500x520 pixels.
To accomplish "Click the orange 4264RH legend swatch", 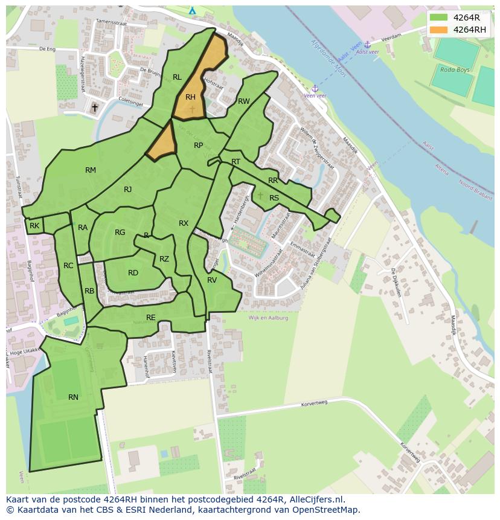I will (439, 30).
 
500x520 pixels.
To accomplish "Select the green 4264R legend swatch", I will (439, 18).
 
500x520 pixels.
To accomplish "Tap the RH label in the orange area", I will (190, 97).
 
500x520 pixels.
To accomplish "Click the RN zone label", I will (73, 397).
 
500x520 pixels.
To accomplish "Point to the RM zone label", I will (91, 170).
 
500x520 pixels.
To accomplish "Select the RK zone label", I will (34, 226).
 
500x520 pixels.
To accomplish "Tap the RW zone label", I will (243, 101).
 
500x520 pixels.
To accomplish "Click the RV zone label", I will (212, 280).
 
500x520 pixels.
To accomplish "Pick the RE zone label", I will (151, 318).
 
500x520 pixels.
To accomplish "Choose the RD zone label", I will (133, 273).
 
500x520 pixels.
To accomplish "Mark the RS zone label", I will (274, 198).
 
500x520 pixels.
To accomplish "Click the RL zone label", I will (177, 77).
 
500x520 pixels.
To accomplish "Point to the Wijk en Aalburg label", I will (268, 318).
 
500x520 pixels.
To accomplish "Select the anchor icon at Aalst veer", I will (367, 45).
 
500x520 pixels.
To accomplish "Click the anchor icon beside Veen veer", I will (315, 89).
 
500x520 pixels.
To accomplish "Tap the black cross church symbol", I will (94, 108).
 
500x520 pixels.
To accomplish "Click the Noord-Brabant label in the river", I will (476, 187).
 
